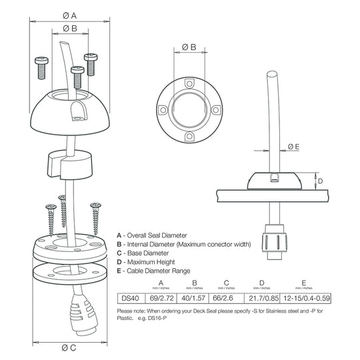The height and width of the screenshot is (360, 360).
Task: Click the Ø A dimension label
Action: click(x=69, y=14)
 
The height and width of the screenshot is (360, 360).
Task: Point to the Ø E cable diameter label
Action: click(x=293, y=147)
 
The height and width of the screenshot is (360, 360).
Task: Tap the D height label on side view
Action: click(x=320, y=181)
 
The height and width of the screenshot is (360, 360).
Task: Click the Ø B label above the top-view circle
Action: click(x=189, y=47)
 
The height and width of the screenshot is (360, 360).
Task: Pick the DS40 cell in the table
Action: click(x=129, y=298)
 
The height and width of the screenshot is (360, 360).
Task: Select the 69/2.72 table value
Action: click(x=161, y=298)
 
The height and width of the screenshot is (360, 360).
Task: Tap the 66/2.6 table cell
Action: click(x=227, y=298)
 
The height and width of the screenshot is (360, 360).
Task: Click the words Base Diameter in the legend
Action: click(x=151, y=253)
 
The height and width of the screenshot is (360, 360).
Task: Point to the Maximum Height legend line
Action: click(x=155, y=262)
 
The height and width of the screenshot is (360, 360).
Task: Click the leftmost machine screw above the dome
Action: click(x=41, y=65)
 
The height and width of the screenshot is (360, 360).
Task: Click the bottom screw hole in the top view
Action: click(x=189, y=137)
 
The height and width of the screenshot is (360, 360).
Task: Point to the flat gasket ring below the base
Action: click(x=68, y=274)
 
